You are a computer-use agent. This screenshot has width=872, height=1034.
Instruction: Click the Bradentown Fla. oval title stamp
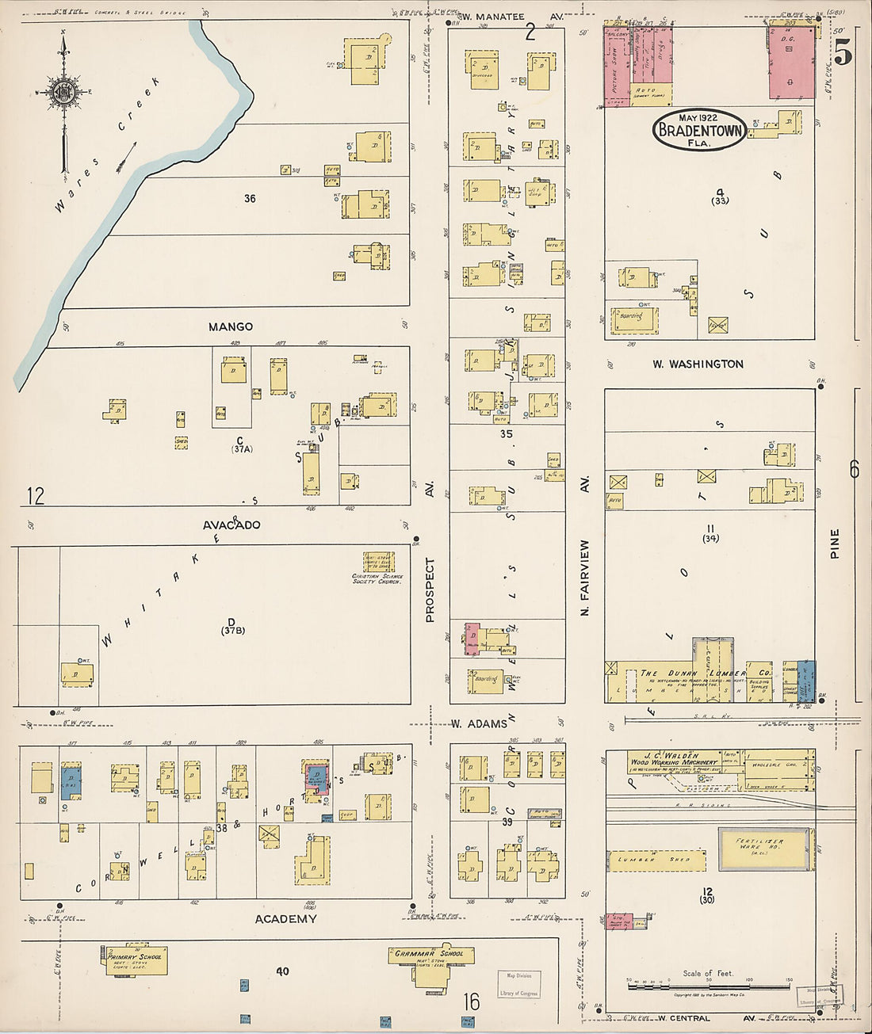coord(698,130)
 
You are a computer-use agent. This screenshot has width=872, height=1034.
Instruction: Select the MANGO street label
coord(231,326)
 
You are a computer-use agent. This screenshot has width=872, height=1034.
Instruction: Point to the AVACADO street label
coord(231,525)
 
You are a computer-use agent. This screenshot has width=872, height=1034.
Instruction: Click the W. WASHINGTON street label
coord(698,364)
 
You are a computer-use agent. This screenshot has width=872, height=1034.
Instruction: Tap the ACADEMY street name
coord(285,918)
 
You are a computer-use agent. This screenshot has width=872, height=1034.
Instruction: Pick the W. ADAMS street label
coord(479,723)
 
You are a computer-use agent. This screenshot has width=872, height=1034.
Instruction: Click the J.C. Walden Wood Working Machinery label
coord(673,758)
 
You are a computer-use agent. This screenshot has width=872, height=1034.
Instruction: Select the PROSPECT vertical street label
coord(430,589)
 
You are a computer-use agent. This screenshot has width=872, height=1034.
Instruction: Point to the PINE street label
coord(835,544)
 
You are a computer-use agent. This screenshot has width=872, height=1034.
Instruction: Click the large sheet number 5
coord(843,53)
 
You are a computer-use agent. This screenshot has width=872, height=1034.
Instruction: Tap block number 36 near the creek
coord(250,198)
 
